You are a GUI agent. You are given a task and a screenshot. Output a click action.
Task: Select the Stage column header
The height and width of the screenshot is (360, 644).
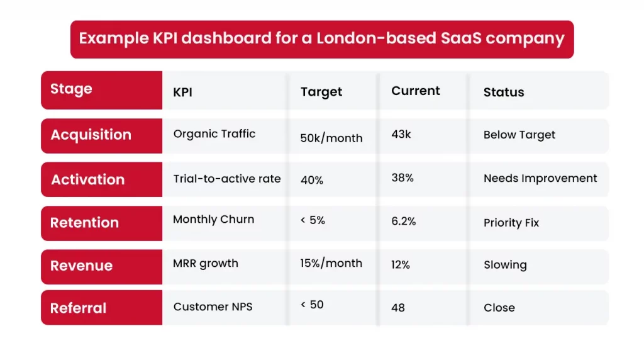click(x=71, y=89)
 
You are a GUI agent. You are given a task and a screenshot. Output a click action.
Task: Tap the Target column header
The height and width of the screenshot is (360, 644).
click(x=321, y=92)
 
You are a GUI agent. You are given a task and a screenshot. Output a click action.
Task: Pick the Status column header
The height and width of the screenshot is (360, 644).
click(x=503, y=93)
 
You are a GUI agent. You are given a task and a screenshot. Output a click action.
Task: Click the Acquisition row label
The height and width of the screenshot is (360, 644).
click(x=91, y=135)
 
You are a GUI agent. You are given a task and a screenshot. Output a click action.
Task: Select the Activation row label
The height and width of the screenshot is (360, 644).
click(x=87, y=179)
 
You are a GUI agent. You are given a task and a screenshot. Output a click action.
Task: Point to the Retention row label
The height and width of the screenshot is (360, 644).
click(x=84, y=223)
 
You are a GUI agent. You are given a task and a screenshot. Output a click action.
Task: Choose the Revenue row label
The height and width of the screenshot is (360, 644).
click(x=81, y=266)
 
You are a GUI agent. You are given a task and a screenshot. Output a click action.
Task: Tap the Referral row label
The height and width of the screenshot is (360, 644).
click(x=78, y=308)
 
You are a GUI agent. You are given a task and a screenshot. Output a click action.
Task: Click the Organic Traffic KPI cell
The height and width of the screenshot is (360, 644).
click(x=214, y=133)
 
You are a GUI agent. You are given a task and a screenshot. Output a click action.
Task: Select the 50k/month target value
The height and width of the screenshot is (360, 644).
click(x=331, y=138)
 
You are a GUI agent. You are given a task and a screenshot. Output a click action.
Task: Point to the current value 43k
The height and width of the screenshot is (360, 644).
click(x=401, y=134)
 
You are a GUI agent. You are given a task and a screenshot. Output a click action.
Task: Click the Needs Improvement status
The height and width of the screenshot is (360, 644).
click(x=540, y=178)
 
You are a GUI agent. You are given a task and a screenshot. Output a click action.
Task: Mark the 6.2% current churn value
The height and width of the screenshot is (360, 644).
click(x=403, y=222)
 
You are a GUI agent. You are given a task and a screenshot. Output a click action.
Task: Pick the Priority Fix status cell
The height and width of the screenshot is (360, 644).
click(x=511, y=223)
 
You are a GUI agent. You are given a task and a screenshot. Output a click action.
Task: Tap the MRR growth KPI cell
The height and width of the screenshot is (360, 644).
click(x=206, y=264)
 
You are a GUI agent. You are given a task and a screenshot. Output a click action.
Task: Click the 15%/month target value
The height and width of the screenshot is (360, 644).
click(x=331, y=263)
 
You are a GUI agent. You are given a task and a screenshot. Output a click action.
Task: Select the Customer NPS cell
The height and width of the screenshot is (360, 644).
click(x=213, y=307)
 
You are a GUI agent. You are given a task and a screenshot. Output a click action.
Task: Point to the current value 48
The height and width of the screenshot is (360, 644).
click(x=397, y=308)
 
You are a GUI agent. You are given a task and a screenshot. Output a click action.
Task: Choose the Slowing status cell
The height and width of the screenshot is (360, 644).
click(x=505, y=265)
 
